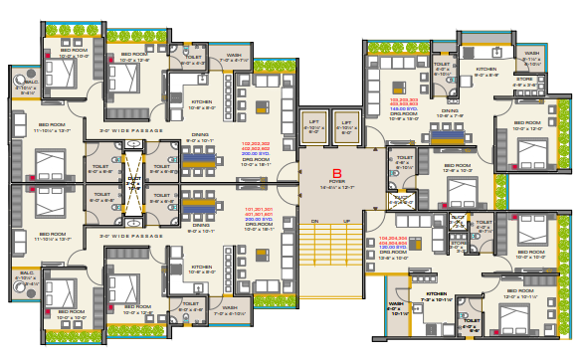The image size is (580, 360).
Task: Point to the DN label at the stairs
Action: pos(314,221)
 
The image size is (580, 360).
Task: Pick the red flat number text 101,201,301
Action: pos(256,208)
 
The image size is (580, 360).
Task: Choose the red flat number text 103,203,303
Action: pos(403,100)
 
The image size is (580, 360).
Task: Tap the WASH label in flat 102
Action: pos(233,55)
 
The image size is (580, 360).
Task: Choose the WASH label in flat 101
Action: pos(235,306)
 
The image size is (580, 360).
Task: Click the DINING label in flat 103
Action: pos(451,111)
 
